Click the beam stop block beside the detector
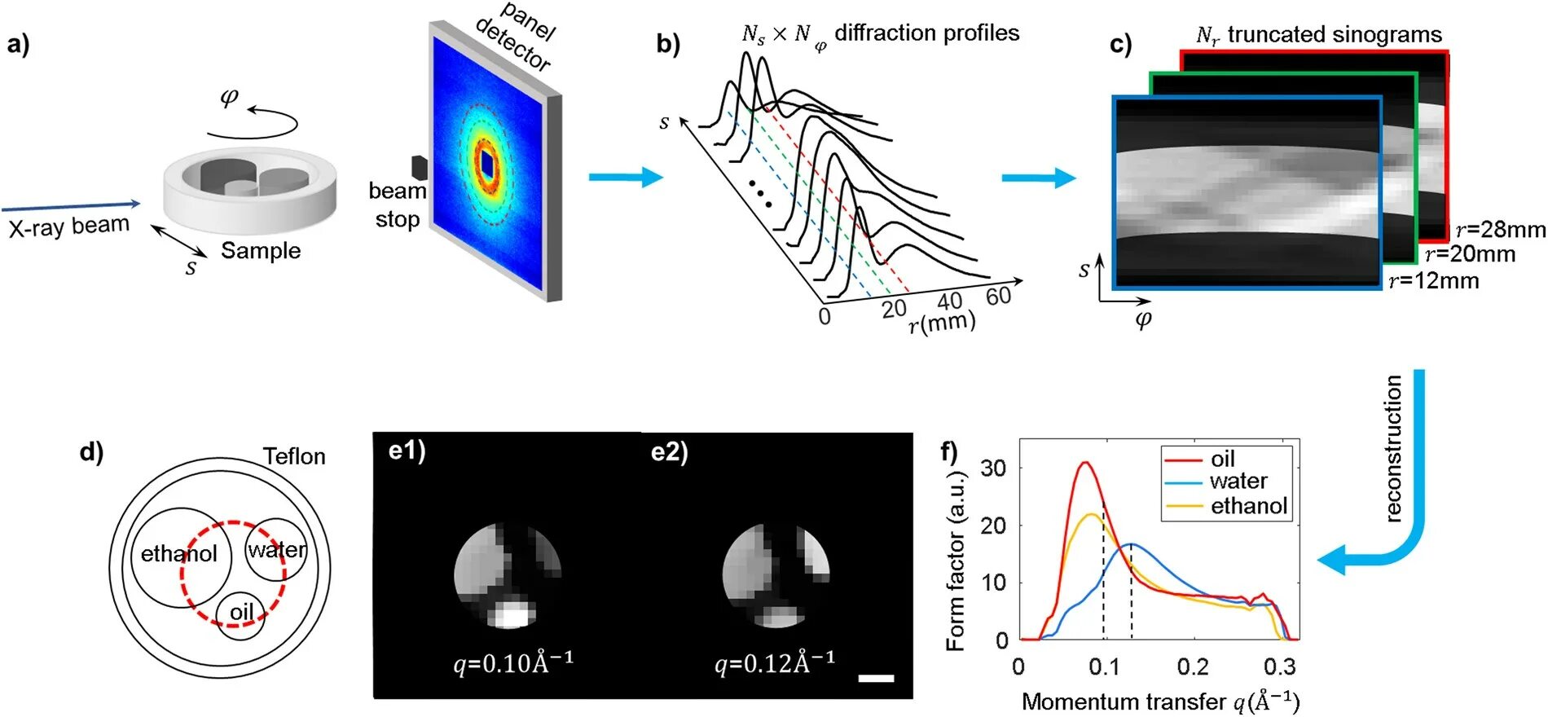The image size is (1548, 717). coord(419,167)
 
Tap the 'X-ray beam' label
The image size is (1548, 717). coord(69,226)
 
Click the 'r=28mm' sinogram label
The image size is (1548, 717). coord(1500,230)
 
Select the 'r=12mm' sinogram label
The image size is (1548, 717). coord(1433,281)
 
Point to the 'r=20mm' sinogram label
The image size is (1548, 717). coord(1470,254)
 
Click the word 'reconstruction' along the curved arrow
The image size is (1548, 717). coord(1394,448)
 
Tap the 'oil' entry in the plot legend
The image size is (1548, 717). coord(1222,459)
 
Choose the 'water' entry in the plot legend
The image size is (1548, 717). coord(1238,481)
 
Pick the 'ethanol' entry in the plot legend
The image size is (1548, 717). coord(1248,506)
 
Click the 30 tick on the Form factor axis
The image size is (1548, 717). coord(994,468)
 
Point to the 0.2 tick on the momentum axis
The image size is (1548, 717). coord(1193,667)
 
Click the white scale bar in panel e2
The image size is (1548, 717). coord(876,678)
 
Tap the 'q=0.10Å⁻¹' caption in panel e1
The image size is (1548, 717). coord(513,662)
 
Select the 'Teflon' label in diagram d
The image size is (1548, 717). coord(294,456)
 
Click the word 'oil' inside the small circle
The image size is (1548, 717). coord(241,612)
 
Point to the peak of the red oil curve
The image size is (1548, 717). coord(1084,463)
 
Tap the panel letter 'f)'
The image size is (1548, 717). coord(949,451)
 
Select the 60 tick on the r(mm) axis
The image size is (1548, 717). coord(998,296)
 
